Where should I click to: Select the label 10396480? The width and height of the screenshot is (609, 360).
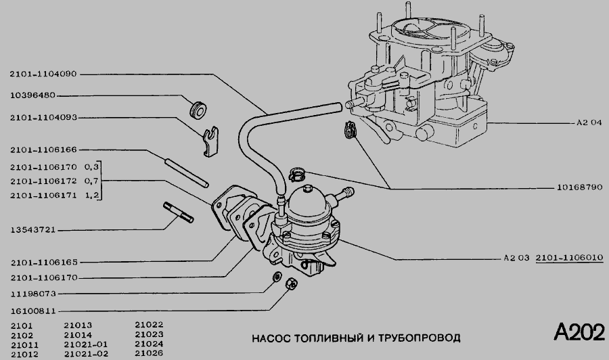point(32,95)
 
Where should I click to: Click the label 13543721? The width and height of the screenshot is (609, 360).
point(32,230)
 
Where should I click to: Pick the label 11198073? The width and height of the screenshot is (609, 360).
point(32,294)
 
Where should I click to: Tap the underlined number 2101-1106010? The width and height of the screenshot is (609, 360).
point(570,258)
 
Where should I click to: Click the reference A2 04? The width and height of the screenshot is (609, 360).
point(589,124)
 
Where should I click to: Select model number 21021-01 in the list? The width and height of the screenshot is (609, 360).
point(85,344)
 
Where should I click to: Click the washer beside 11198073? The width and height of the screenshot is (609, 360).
point(277,278)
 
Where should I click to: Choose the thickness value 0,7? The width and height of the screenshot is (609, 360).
point(92,181)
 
